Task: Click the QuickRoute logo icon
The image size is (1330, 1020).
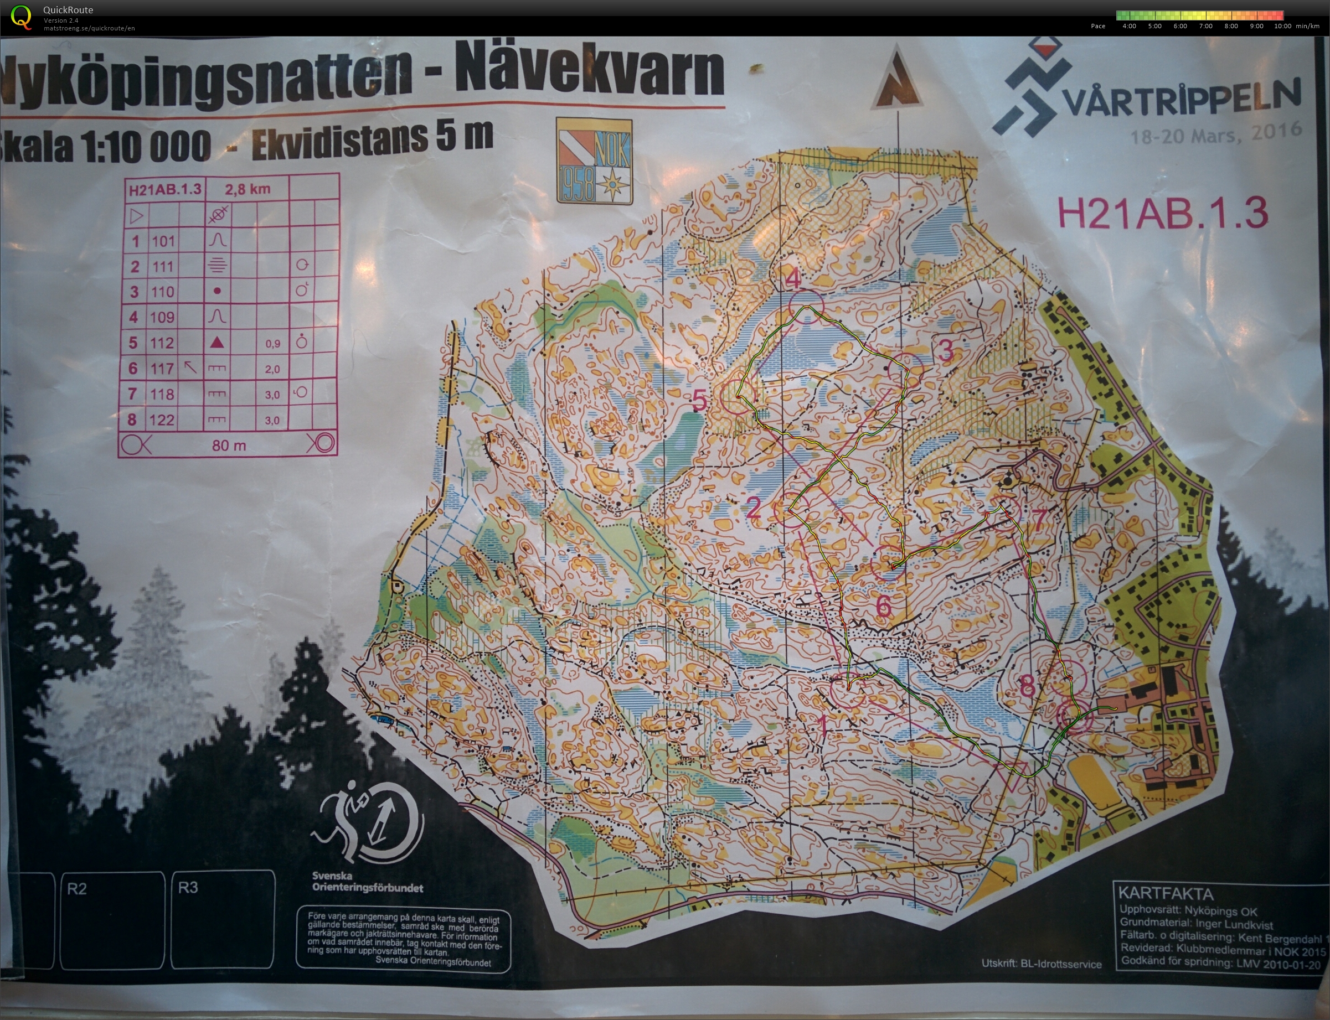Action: pos(21,17)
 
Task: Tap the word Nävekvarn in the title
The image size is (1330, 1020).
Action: pos(589,71)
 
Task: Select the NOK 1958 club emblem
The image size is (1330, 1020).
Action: pos(595,161)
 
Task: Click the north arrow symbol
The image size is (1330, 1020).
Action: pos(896,79)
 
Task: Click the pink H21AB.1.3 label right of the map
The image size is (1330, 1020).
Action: pos(1162,213)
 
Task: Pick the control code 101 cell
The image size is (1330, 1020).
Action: pos(163,241)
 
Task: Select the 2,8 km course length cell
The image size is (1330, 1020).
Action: pos(247,189)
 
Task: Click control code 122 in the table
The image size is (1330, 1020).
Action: pos(162,420)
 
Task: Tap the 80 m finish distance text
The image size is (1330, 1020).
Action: pos(229,446)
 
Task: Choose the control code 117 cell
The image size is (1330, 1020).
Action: pos(162,368)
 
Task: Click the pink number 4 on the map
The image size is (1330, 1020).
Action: pos(795,279)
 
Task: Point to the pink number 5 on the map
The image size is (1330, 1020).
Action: pos(700,400)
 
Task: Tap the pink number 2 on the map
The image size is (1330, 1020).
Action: pos(754,508)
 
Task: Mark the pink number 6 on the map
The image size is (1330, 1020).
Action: pos(883,606)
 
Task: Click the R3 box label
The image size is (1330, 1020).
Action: pos(188,888)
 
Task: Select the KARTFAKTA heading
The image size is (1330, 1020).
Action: pos(1166,894)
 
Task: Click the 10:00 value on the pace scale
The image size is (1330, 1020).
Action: pos(1282,26)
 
